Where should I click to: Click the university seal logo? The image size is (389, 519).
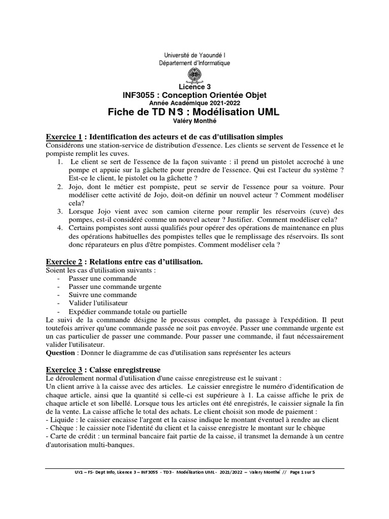coord(194,76)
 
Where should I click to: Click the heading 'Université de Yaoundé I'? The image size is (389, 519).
coord(194,55)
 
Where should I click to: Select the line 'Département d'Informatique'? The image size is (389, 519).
coord(194,63)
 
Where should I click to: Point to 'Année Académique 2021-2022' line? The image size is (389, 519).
coord(194,103)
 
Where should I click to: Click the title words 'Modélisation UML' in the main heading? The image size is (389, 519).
coord(235,112)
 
